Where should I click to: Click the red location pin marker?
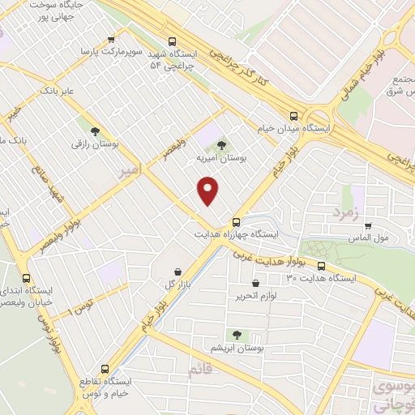pos(209,190)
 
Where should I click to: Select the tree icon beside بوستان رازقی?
pos(95,130)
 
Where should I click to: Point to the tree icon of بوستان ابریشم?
pos(237,334)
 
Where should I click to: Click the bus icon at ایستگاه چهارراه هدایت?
pos(236,221)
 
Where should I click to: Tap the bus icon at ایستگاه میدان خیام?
pos(293,115)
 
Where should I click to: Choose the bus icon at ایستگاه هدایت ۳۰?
pos(321,266)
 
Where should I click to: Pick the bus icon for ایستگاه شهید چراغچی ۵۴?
pos(171,41)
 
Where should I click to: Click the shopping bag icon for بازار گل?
pos(178,272)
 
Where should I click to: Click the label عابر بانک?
pos(61,90)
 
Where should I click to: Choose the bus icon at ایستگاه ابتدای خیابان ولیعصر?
pos(26,277)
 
